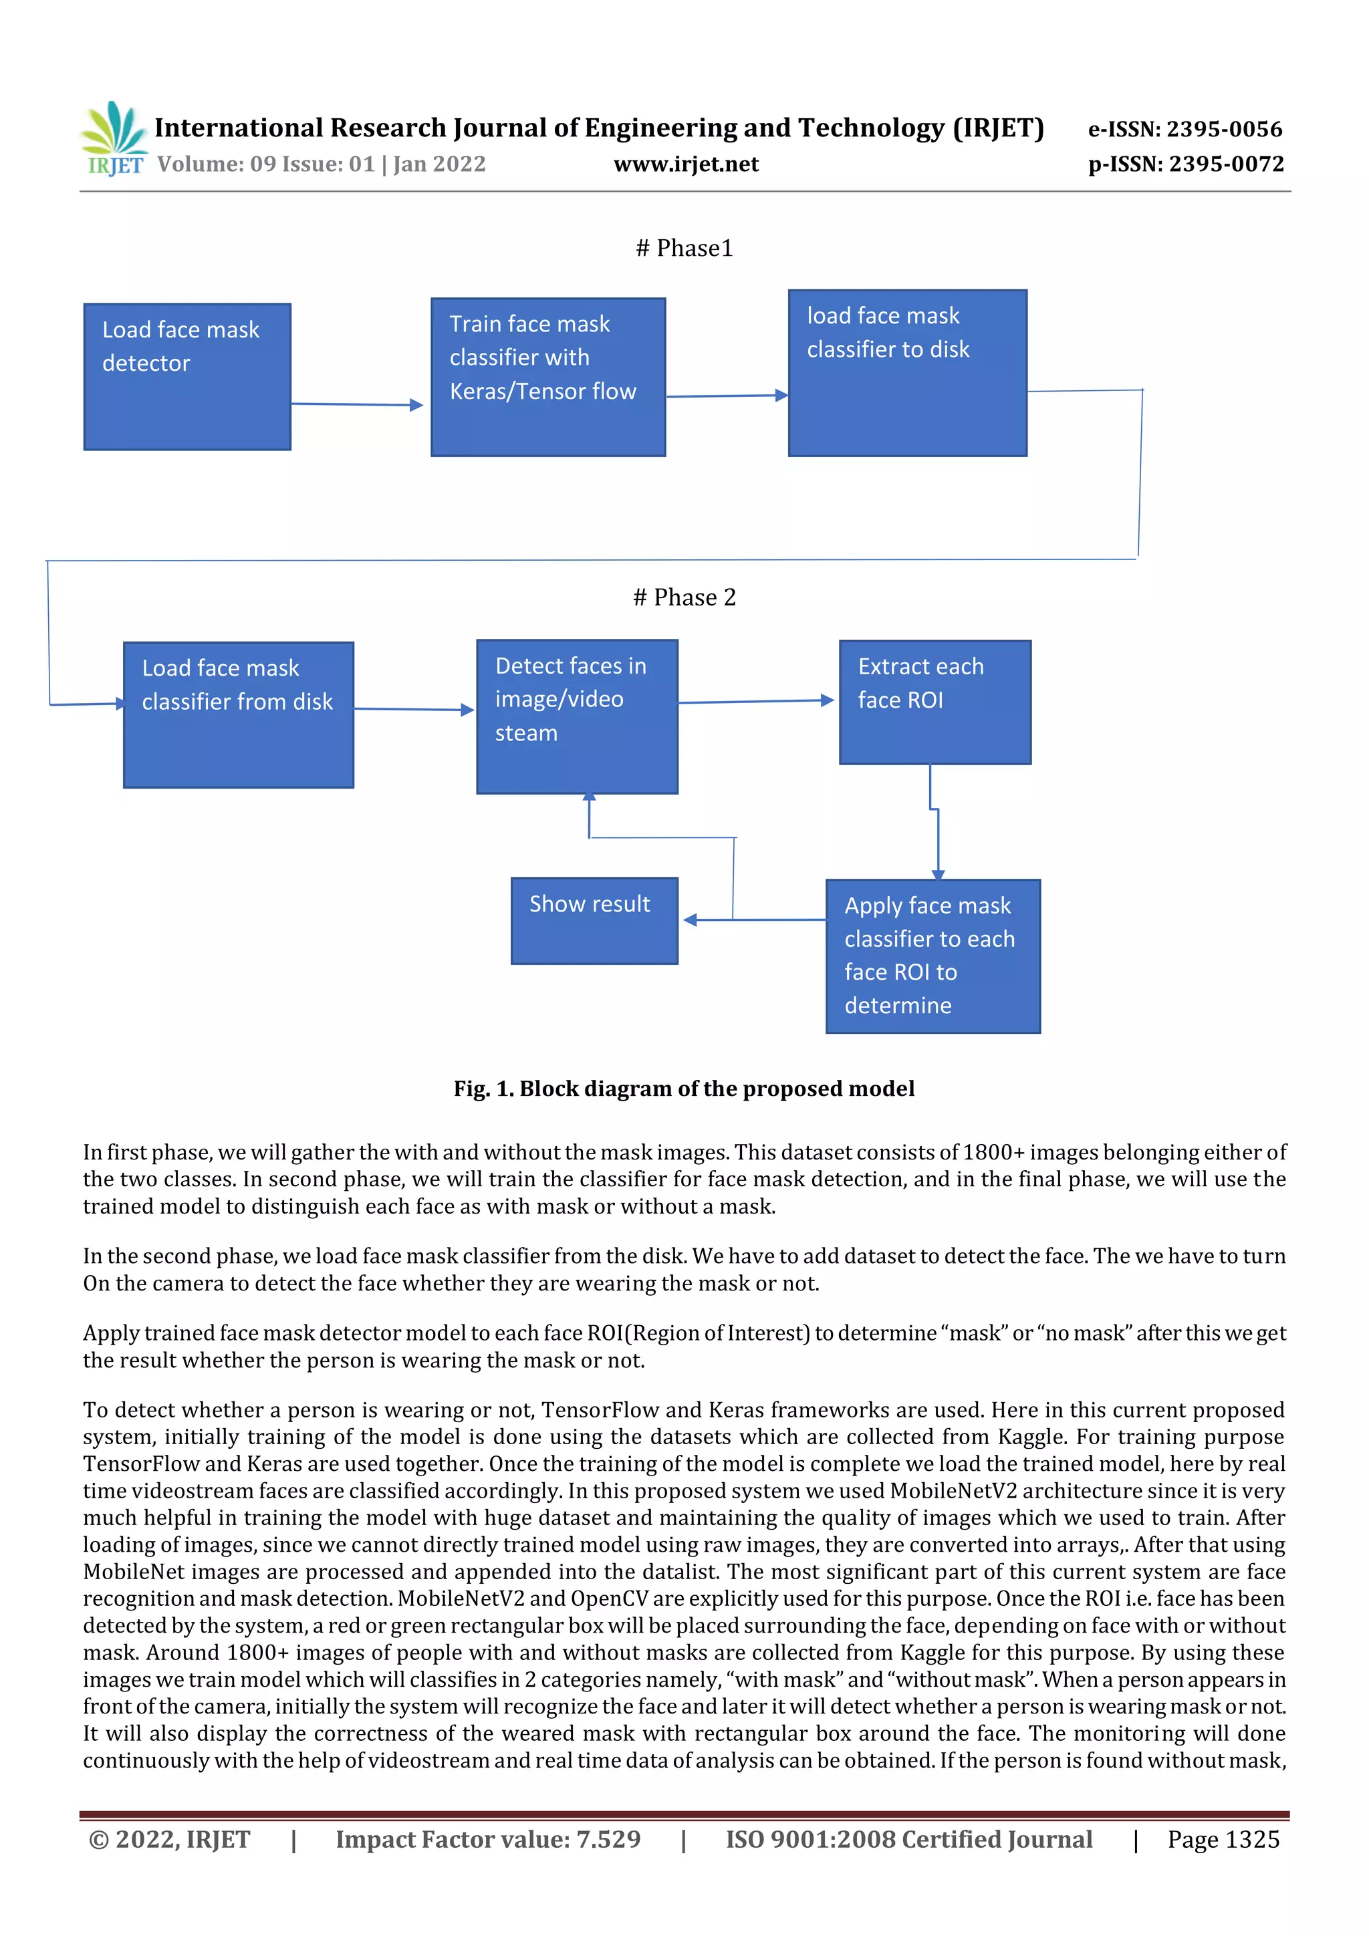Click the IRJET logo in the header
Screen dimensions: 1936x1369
[114, 139]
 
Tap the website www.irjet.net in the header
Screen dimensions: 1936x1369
[686, 164]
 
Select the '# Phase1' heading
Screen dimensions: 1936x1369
[684, 248]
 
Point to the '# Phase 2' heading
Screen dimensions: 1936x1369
[684, 597]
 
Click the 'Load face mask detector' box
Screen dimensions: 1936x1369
[187, 377]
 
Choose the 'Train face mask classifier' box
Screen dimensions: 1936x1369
[547, 377]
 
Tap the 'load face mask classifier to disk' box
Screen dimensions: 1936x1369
[907, 373]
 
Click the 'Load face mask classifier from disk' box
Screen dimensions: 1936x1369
[238, 715]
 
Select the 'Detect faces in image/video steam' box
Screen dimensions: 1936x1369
[577, 716]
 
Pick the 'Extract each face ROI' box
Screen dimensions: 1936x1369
[935, 702]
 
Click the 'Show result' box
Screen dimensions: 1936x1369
[594, 921]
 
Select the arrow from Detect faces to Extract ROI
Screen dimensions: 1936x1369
[755, 701]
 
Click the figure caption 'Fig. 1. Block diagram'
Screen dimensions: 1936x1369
[683, 1089]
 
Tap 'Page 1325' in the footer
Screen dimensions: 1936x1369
[1223, 1840]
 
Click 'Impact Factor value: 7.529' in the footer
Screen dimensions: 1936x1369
[487, 1840]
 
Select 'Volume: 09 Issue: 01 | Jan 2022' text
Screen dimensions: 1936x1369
[322, 164]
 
